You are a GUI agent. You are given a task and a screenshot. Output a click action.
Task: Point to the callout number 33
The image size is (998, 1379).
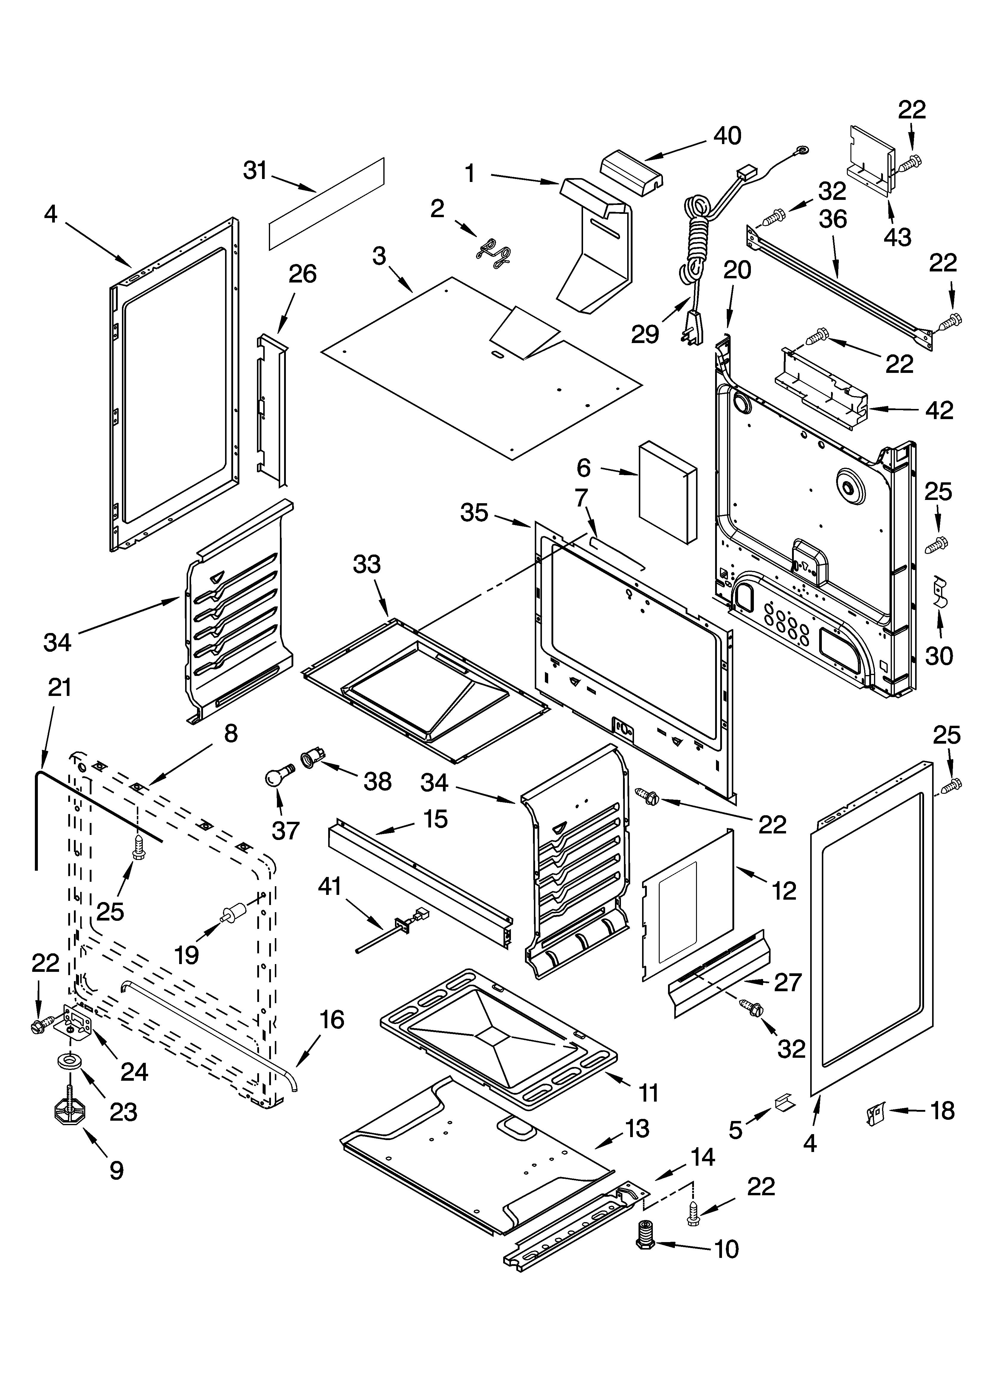pos(367,564)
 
